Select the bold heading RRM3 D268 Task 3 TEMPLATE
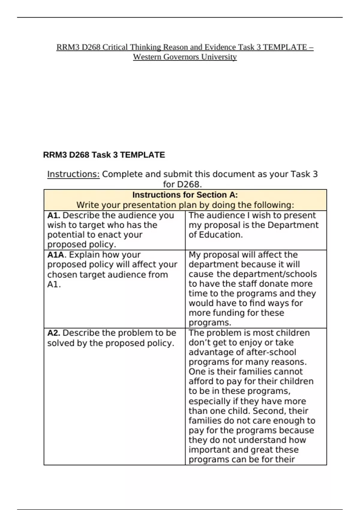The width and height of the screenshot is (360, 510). pyautogui.click(x=104, y=155)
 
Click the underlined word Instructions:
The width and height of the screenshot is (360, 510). pyautogui.click(x=73, y=174)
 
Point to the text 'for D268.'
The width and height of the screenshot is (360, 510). pyautogui.click(x=182, y=184)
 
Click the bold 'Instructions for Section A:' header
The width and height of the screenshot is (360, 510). pyautogui.click(x=185, y=195)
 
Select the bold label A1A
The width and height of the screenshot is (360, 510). pyautogui.click(x=56, y=255)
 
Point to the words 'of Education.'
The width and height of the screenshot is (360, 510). pyautogui.click(x=215, y=235)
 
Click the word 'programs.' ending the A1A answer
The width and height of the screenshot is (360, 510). pyautogui.click(x=210, y=323)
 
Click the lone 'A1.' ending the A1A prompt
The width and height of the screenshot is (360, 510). pyautogui.click(x=54, y=284)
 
